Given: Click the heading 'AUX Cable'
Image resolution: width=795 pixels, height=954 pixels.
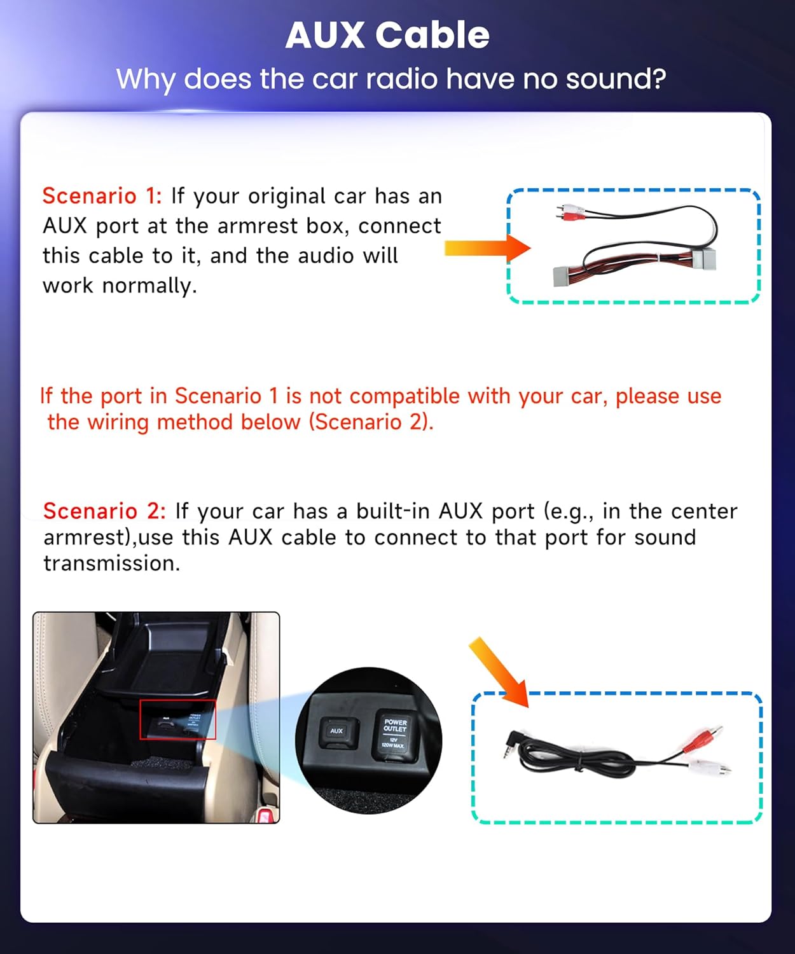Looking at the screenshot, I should point(387,35).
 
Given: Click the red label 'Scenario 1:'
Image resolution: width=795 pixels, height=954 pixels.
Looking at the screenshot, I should point(102,196).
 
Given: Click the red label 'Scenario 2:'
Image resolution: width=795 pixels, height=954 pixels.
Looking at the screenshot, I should point(104,511).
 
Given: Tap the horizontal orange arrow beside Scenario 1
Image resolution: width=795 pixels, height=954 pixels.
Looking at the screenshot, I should point(487,248).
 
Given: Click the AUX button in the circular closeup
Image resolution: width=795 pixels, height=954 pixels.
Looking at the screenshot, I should point(336,731).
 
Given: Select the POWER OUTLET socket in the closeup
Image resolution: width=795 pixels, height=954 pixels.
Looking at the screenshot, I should point(394,735).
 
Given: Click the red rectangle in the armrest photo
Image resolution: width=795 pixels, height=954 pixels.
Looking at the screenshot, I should point(178,719).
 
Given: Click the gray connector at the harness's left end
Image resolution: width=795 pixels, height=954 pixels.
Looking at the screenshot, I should point(566,275).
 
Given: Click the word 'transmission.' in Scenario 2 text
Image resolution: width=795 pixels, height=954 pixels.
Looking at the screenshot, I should point(112,563).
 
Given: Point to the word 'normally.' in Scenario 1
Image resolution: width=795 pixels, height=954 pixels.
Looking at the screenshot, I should point(149,286).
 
